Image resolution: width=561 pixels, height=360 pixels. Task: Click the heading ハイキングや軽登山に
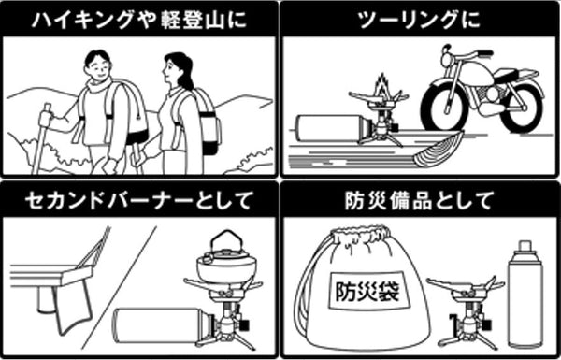[139, 19]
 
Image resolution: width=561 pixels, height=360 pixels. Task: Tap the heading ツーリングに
[419, 19]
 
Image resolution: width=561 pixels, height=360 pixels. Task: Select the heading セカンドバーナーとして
[138, 200]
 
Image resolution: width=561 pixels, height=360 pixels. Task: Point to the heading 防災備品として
[419, 200]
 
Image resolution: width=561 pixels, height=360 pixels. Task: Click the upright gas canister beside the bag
[525, 295]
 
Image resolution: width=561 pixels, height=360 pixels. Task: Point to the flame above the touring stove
[382, 85]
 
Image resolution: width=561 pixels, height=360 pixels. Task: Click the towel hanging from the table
[73, 305]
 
